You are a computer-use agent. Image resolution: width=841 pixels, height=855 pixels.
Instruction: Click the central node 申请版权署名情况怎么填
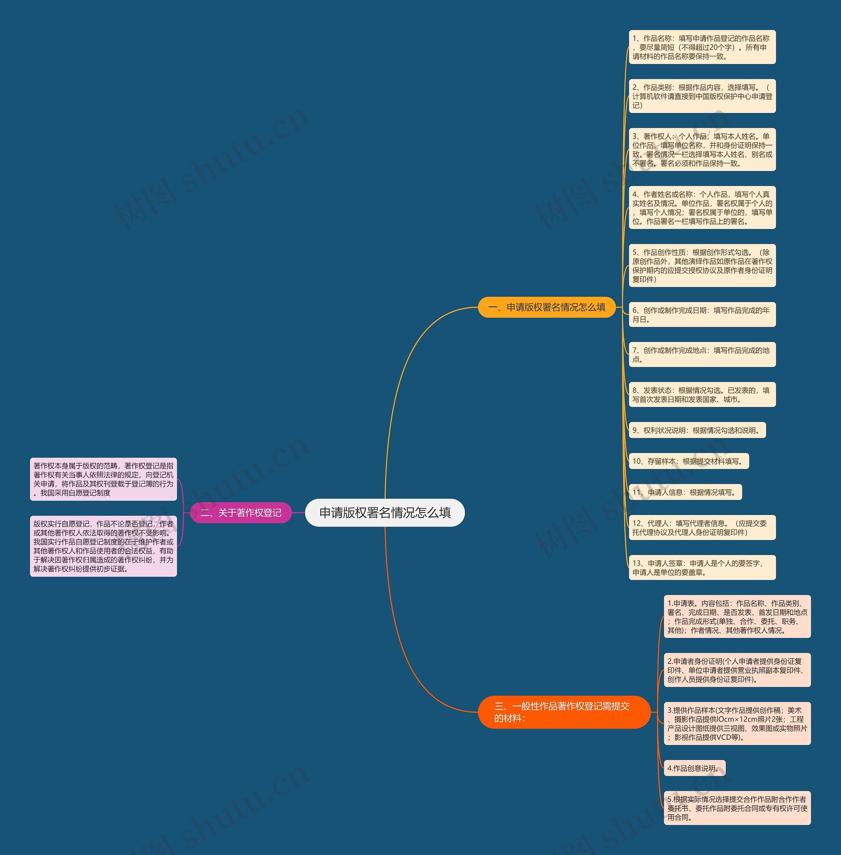coord(385,512)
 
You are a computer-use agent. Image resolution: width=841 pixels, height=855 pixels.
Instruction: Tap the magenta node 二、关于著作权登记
coord(241,513)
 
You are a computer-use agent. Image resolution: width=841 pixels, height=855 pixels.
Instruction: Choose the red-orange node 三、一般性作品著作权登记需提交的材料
coord(564,712)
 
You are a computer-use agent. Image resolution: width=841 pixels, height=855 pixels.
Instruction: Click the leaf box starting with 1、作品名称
coord(702,47)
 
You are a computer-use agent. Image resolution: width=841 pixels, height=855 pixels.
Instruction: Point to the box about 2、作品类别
coord(702,96)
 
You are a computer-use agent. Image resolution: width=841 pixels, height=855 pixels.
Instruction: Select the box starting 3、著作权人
coord(702,150)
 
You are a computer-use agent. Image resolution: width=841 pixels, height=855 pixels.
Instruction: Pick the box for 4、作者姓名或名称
coord(702,208)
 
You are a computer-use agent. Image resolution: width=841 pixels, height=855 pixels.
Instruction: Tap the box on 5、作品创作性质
coord(702,265)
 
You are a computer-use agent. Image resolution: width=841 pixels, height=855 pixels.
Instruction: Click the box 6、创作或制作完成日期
coord(702,314)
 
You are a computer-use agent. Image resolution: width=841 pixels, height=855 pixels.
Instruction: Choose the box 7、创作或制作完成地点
coord(702,355)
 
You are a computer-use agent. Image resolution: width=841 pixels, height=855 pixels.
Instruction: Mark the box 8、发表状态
coord(702,395)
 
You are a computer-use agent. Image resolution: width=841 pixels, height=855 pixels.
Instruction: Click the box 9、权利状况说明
coord(697,430)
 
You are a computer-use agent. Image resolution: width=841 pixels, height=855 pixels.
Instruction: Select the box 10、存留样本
coord(689,461)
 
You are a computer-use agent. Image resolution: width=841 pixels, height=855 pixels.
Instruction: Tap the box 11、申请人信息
coord(685,492)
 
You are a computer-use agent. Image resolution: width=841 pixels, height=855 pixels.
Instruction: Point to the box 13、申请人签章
coord(702,568)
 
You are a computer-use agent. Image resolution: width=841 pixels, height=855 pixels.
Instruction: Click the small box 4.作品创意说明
coord(694,768)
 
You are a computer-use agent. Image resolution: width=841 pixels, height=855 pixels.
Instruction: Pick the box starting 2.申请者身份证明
coord(737,670)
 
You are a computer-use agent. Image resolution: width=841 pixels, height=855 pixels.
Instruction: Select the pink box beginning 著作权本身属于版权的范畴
coord(103,479)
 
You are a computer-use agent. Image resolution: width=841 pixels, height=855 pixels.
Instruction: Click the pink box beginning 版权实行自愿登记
coord(103,546)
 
